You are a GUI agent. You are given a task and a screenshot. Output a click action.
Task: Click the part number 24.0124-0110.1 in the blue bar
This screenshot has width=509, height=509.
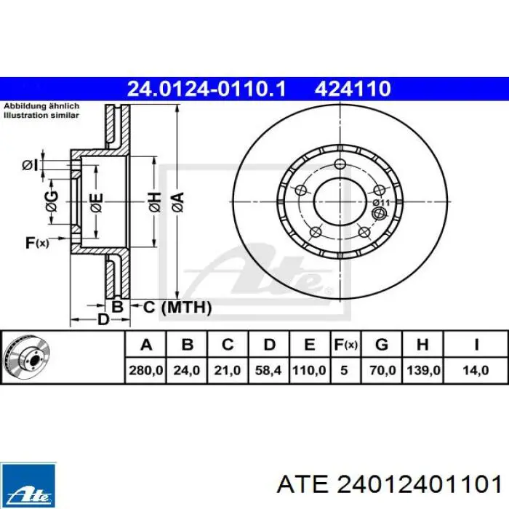tap(207, 89)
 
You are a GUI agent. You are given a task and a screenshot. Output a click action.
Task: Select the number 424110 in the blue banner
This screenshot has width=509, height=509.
tap(353, 89)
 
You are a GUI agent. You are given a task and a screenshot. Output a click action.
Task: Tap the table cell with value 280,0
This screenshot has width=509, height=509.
tap(146, 370)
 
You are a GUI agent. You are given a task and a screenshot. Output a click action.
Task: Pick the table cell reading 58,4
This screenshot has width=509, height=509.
tap(268, 370)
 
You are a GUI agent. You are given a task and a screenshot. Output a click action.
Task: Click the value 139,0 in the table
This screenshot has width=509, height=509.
tap(423, 370)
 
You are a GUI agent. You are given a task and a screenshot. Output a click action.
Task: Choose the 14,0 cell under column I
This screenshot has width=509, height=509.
tap(476, 370)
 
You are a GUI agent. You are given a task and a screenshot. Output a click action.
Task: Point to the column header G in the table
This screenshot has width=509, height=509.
tap(382, 345)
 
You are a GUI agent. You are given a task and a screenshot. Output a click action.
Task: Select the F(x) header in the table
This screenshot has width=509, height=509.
tap(346, 345)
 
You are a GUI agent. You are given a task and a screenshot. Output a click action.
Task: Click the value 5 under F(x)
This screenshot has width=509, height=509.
tap(344, 370)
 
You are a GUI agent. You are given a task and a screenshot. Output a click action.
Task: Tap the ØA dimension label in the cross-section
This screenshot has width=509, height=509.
tap(179, 202)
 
